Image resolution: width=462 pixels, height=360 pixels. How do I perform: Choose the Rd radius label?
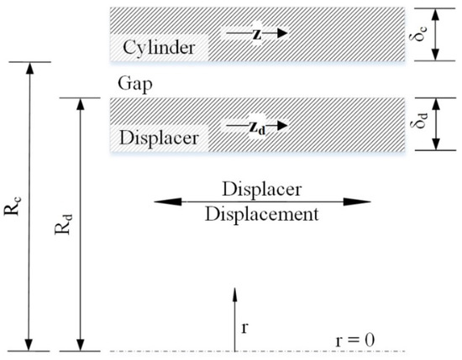click(x=65, y=225)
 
